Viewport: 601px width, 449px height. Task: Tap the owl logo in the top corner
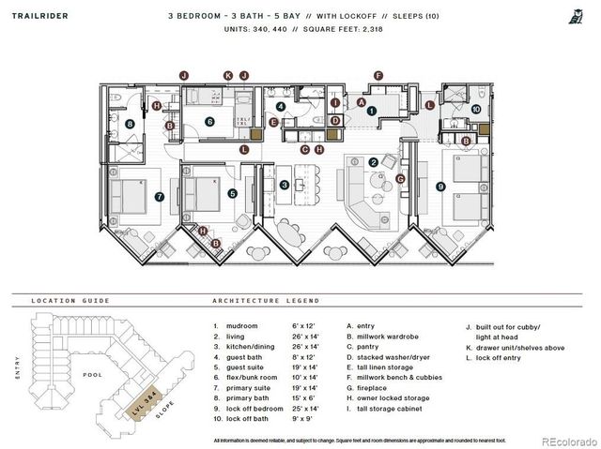click(574, 15)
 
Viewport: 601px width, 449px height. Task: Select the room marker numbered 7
click(161, 196)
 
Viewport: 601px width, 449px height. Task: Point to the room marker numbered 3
click(285, 185)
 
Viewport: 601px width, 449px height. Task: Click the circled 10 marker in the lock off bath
click(476, 110)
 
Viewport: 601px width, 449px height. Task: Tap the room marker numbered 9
click(440, 186)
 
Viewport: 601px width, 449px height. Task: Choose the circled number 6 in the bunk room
click(210, 121)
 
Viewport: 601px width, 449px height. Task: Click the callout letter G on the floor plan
click(399, 178)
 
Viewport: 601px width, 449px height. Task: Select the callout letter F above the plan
click(378, 75)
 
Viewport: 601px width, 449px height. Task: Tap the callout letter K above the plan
click(227, 75)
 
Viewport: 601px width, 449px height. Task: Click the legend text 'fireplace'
click(371, 385)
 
